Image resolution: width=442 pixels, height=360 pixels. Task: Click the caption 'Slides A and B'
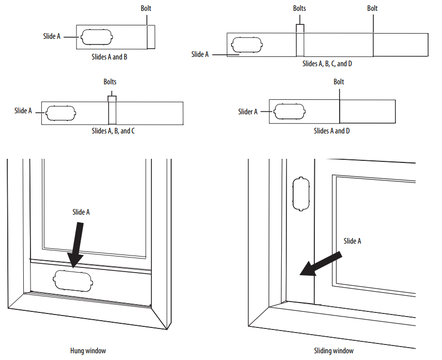(x=109, y=57)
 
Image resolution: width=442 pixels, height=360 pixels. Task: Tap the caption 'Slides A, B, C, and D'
(x=327, y=64)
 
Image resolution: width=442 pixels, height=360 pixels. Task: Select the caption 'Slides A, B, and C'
(x=113, y=131)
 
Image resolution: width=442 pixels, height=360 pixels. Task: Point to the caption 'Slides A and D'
(x=332, y=131)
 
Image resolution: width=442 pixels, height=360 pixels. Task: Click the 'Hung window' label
(x=88, y=351)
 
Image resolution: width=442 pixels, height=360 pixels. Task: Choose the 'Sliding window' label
(x=334, y=351)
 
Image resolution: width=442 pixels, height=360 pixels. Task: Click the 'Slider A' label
(x=248, y=112)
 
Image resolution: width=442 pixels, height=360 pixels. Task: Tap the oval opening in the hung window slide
(x=74, y=281)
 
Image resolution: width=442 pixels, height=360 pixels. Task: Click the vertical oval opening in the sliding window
(x=300, y=194)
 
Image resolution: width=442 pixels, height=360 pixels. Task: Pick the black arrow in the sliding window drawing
(x=321, y=264)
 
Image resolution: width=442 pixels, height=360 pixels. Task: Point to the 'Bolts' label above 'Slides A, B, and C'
(x=110, y=82)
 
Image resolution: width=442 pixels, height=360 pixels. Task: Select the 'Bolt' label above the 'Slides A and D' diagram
(x=339, y=82)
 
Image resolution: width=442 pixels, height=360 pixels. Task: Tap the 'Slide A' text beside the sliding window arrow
(x=353, y=241)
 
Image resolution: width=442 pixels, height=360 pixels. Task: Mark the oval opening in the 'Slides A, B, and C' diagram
(x=61, y=113)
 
